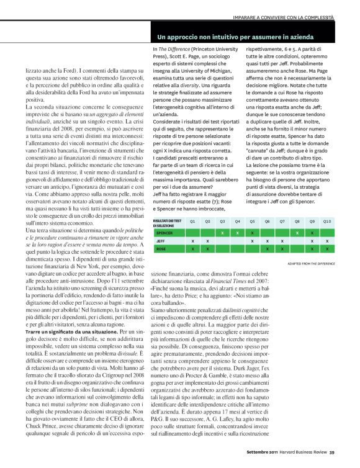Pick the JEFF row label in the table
pyautogui.click(x=160, y=240)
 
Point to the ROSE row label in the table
pyautogui.click(x=161, y=248)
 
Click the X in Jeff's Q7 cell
pyautogui.click(x=282, y=240)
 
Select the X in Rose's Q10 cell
pyautogui.click(x=327, y=248)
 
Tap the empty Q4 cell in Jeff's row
pyautogui.click(x=237, y=240)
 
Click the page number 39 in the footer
pyautogui.click(x=332, y=460)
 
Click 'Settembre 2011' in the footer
pyautogui.click(x=255, y=460)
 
